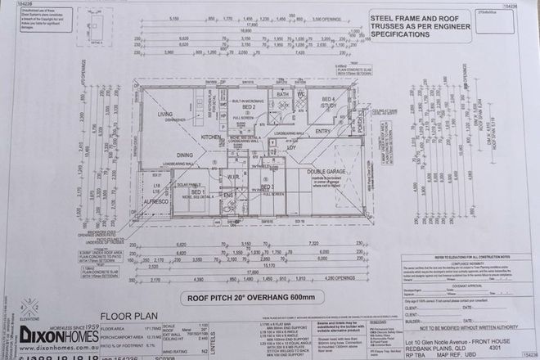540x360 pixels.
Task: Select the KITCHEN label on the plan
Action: (x=211, y=136)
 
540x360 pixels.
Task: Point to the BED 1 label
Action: (x=197, y=191)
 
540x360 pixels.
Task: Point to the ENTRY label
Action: (x=322, y=131)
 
